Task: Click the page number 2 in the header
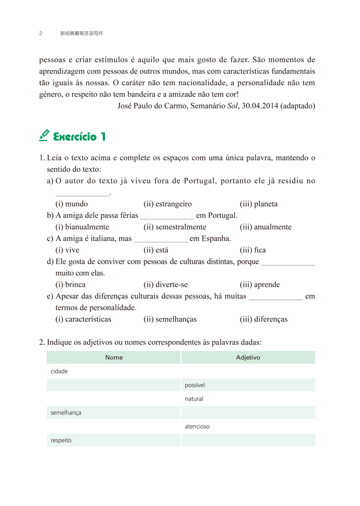(x=41, y=33)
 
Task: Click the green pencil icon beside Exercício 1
(x=44, y=135)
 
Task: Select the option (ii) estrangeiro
(x=168, y=204)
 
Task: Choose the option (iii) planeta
(x=258, y=204)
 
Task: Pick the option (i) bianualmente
(x=82, y=227)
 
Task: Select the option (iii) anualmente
(x=265, y=227)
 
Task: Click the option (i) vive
(x=67, y=250)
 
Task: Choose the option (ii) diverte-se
(x=166, y=284)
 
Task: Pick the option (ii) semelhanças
(x=170, y=319)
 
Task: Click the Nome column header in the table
(x=114, y=357)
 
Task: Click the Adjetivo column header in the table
(x=248, y=357)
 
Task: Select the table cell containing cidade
(x=114, y=371)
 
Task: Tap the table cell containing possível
(x=248, y=385)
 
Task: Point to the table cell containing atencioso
(x=248, y=426)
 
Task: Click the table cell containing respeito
(x=114, y=440)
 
